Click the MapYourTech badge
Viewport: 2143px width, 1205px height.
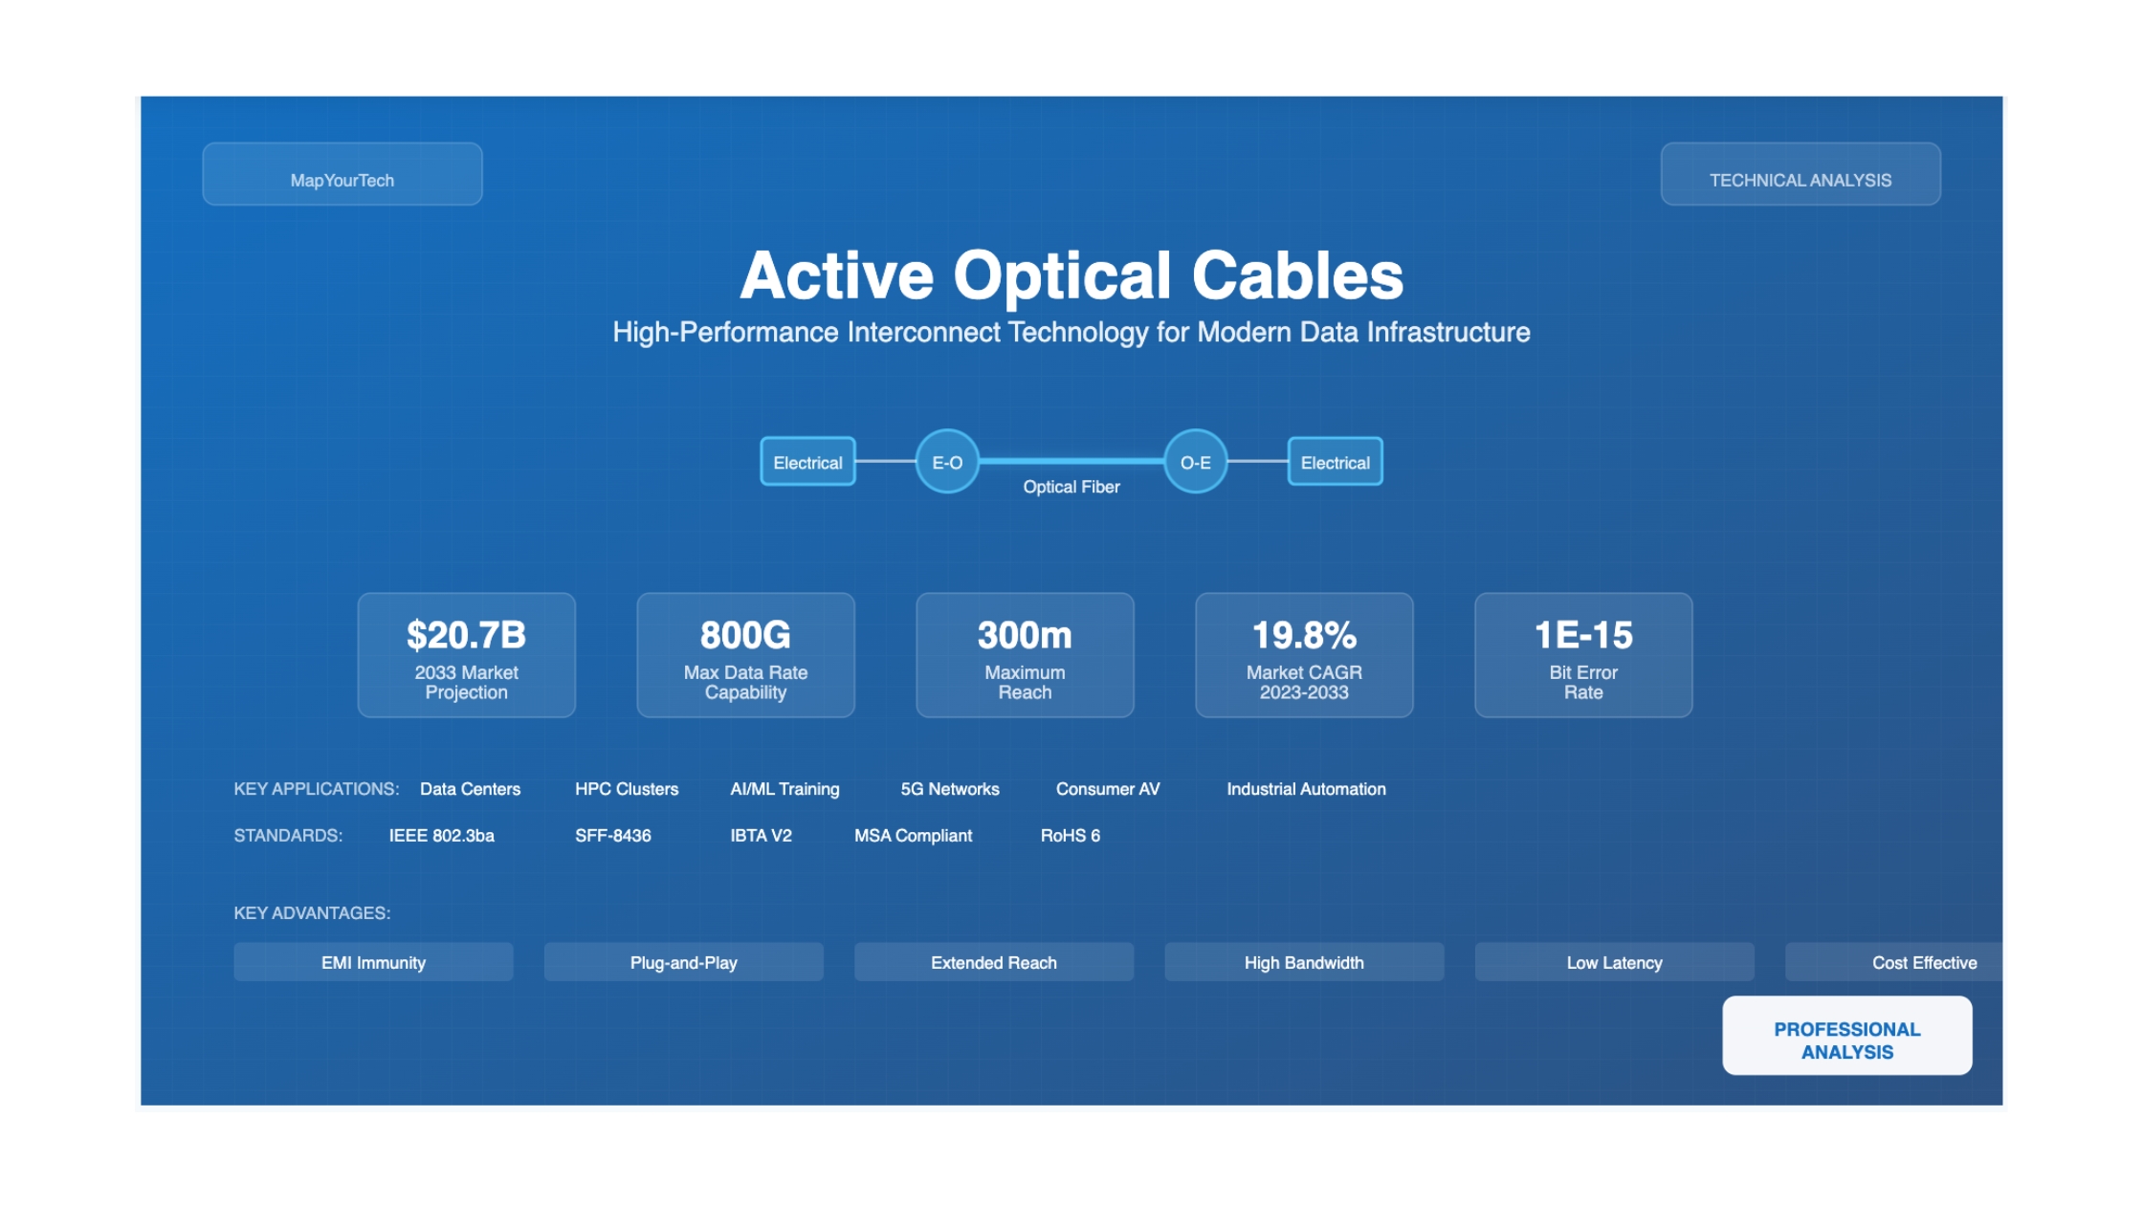[x=342, y=174]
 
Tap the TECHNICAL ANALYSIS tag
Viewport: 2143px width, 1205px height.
[x=1801, y=174]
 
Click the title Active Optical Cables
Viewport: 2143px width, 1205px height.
[x=1071, y=275]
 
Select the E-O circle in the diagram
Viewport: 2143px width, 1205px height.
[x=947, y=462]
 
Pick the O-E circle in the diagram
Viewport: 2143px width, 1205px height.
[x=1196, y=462]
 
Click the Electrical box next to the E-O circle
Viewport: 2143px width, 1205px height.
[x=807, y=462]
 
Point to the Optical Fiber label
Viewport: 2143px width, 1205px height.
[x=1071, y=487]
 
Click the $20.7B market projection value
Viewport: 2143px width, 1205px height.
[x=467, y=635]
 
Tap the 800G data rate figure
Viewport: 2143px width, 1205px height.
[x=745, y=635]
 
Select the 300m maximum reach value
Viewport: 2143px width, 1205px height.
[x=1025, y=635]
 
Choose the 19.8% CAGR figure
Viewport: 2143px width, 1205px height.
[x=1304, y=635]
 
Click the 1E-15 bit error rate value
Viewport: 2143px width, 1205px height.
[x=1583, y=635]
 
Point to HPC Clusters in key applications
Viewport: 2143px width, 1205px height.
[x=627, y=789]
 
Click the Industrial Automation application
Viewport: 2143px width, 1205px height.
[x=1306, y=789]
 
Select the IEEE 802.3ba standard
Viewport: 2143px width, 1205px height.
[x=442, y=836]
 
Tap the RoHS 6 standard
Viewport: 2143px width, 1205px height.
[x=1071, y=836]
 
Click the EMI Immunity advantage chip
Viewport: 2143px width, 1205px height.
[x=373, y=962]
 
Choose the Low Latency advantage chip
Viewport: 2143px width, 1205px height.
[x=1614, y=962]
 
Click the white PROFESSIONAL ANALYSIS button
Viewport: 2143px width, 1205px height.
[x=1846, y=1036]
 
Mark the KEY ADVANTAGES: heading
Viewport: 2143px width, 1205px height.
[x=312, y=913]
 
